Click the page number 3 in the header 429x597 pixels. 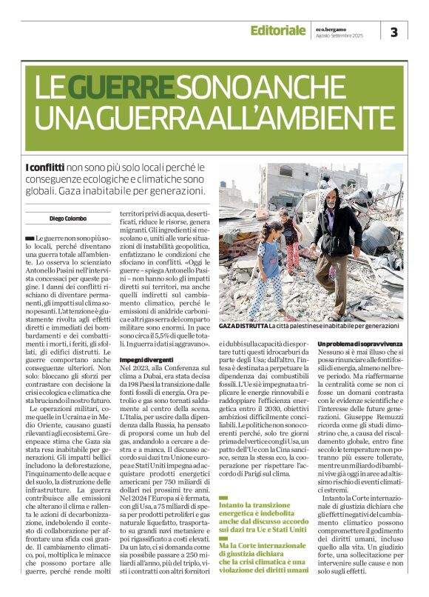click(x=393, y=32)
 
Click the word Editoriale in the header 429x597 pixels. click(x=277, y=30)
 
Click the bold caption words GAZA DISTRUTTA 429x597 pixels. click(x=242, y=326)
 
